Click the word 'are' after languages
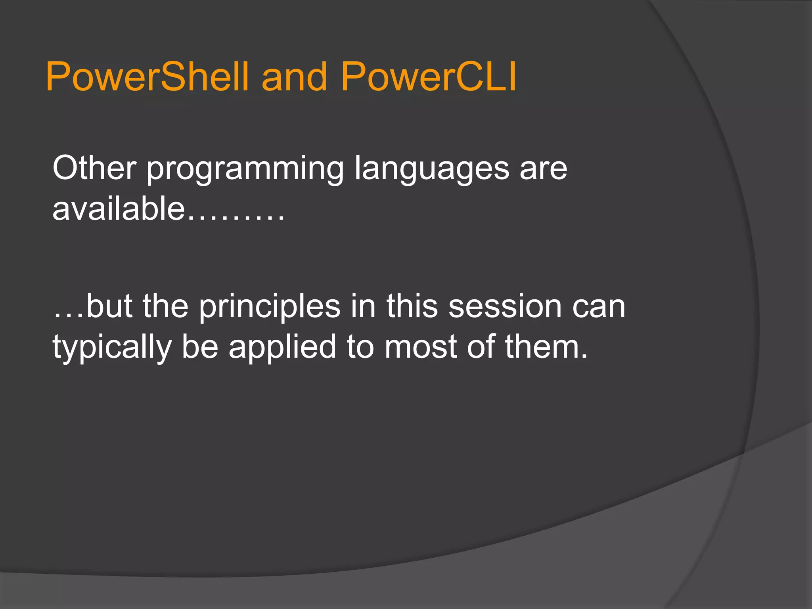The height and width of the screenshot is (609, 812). [x=543, y=169]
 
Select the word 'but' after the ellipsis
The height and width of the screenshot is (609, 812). [x=109, y=306]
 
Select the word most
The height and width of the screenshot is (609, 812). [x=421, y=347]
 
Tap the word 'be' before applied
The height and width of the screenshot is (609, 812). [x=200, y=347]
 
